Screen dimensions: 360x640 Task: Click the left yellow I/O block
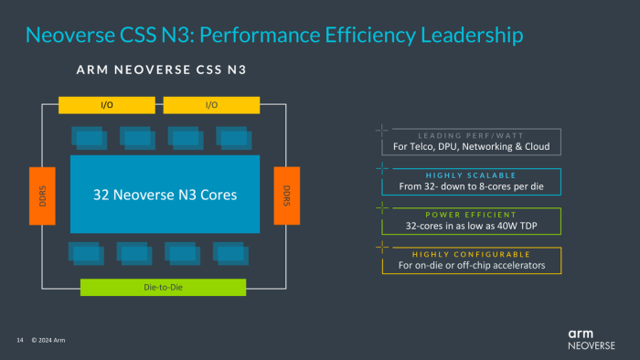(107, 104)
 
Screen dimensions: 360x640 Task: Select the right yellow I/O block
(212, 104)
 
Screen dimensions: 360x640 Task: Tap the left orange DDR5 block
(43, 196)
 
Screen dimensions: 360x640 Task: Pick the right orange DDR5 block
(286, 196)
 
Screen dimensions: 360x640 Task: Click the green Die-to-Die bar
(163, 287)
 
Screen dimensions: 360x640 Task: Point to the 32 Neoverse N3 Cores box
(165, 195)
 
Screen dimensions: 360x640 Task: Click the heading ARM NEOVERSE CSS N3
(162, 69)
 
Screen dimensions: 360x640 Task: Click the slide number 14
(19, 341)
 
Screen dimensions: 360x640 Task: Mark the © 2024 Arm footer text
(48, 341)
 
